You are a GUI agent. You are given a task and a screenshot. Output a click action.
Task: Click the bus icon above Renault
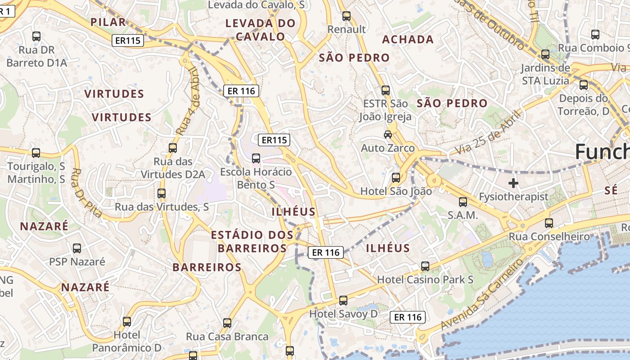346,16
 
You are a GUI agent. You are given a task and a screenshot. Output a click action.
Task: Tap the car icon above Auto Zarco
387,134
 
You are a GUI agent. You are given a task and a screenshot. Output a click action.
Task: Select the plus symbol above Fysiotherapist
513,183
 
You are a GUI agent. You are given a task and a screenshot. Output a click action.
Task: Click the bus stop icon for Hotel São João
396,178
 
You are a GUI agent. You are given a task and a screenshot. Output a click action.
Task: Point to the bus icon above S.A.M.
463,202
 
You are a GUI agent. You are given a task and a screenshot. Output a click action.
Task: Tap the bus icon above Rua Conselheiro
549,223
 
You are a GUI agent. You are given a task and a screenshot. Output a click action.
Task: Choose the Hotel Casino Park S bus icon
425,266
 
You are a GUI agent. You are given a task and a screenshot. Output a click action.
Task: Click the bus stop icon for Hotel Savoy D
343,300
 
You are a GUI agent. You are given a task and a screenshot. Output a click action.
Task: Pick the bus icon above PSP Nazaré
77,248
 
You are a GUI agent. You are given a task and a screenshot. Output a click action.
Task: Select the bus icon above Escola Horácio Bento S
256,158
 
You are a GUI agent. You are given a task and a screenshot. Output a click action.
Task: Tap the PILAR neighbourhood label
108,22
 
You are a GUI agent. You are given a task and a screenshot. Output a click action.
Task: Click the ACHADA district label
408,40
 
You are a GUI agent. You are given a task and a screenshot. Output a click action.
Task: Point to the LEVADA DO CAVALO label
261,30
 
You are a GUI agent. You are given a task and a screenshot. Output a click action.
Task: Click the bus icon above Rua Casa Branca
227,323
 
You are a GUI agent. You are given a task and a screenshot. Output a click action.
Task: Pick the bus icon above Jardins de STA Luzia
545,54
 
